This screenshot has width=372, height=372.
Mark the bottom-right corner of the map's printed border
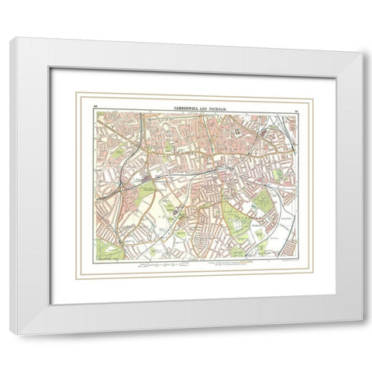pos(299,260)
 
